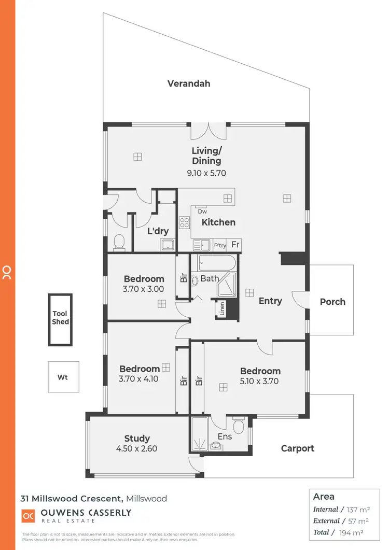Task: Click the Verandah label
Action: (189, 83)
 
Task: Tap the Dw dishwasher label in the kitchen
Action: (202, 211)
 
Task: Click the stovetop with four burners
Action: (184, 222)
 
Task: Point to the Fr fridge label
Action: (235, 245)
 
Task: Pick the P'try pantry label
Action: (219, 245)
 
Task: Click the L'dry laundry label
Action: (158, 231)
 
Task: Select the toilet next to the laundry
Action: (119, 242)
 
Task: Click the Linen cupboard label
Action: (222, 309)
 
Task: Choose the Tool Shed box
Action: (60, 320)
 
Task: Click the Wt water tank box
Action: (63, 377)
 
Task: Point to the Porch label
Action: (332, 302)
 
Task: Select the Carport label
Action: (298, 448)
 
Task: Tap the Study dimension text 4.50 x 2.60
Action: (137, 449)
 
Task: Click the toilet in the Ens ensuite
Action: (239, 427)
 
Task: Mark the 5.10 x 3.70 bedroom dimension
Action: (260, 382)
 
